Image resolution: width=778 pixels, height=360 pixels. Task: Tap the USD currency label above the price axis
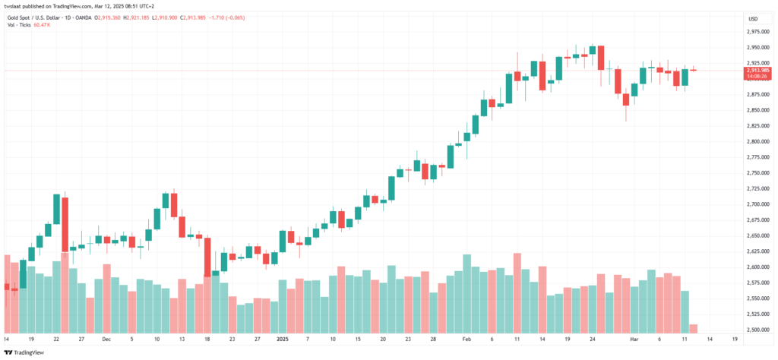point(753,18)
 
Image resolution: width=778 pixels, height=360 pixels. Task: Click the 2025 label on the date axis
point(283,339)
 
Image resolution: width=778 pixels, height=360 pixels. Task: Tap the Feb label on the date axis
point(466,339)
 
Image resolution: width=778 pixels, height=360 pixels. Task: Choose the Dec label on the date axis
point(106,339)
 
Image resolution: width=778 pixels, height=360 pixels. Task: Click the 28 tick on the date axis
point(432,339)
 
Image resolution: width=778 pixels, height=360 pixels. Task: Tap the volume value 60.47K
point(43,25)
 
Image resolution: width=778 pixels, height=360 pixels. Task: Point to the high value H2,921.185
point(163,17)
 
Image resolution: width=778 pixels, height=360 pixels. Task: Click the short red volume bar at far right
point(694,328)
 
